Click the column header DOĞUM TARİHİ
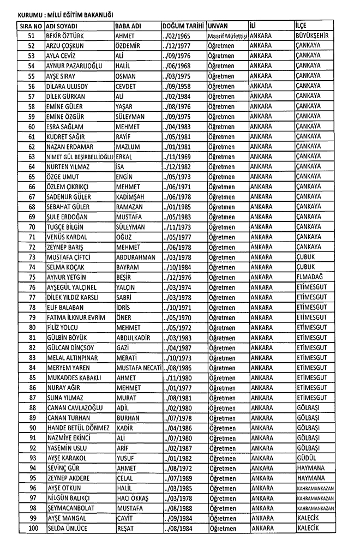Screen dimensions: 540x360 pyautogui.click(x=183, y=26)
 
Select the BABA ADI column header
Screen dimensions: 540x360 pyautogui.click(x=128, y=26)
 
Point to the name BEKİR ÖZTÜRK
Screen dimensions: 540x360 pyautogui.click(x=68, y=35)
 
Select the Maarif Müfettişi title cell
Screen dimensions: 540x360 pyautogui.click(x=227, y=35)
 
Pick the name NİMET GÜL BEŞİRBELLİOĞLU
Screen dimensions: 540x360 pyautogui.click(x=79, y=157)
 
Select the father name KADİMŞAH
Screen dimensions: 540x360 pyautogui.click(x=131, y=196)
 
